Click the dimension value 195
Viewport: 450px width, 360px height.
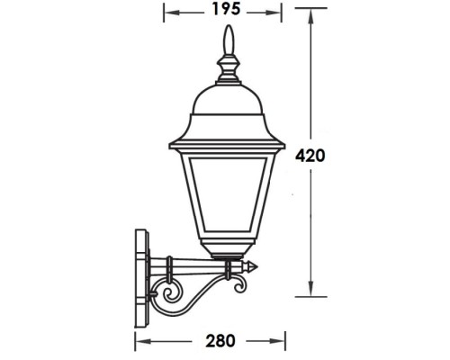pyautogui.click(x=226, y=11)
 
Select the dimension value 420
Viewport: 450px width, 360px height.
pyautogui.click(x=310, y=154)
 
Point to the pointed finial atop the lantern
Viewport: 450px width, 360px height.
pyautogui.click(x=227, y=40)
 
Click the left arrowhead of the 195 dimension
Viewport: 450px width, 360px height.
pyautogui.click(x=167, y=11)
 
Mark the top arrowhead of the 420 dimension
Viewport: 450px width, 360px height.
pyautogui.click(x=310, y=13)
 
